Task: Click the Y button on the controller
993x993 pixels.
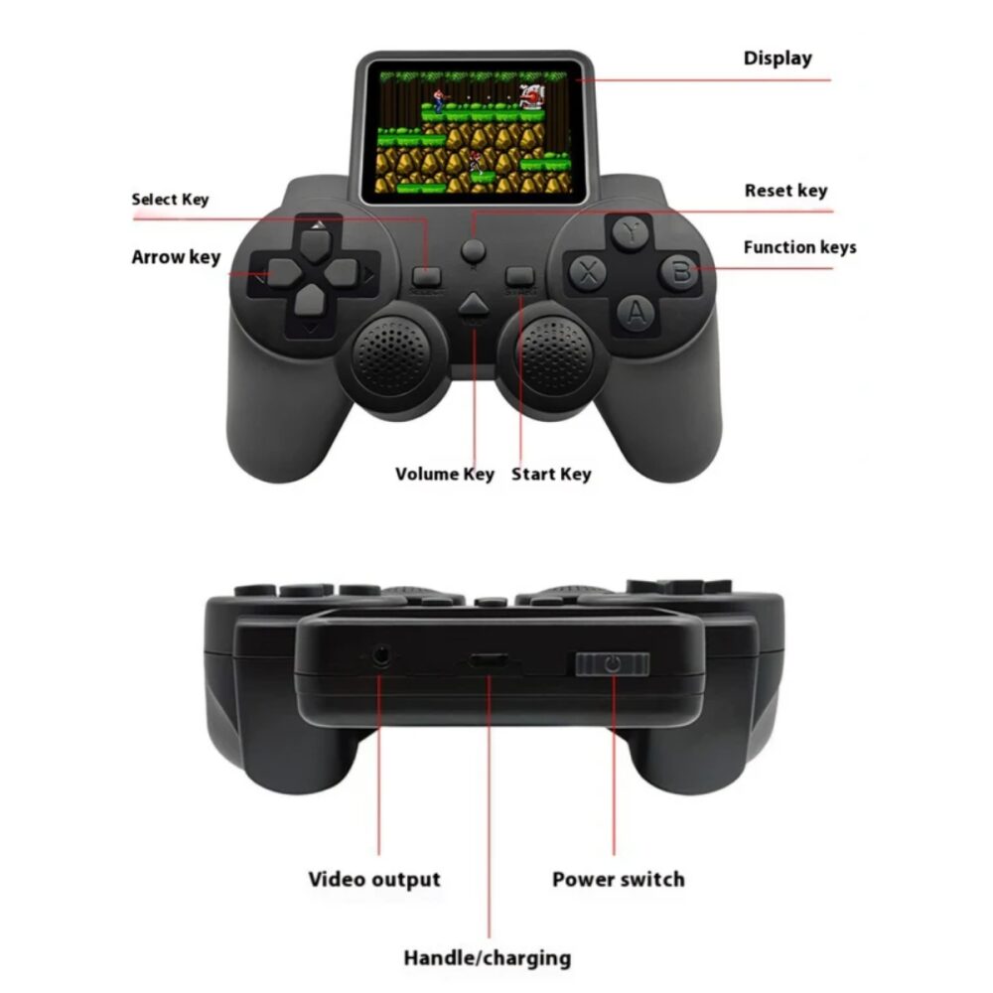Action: click(630, 233)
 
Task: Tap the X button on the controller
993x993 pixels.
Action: click(588, 272)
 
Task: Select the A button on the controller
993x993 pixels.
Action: click(636, 312)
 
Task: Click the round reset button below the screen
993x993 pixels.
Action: click(473, 249)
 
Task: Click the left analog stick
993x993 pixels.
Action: click(390, 355)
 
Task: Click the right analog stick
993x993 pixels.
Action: click(555, 355)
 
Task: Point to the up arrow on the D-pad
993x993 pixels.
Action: click(316, 243)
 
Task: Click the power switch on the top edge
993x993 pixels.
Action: click(613, 663)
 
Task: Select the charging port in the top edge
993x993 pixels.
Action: click(488, 661)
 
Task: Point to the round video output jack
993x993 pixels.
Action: click(380, 655)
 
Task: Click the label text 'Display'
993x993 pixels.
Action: click(778, 59)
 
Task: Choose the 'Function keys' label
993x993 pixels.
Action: click(799, 247)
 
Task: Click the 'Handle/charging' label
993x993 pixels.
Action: click(487, 957)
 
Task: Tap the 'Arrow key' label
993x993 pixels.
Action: click(176, 256)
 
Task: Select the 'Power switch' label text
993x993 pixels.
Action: click(618, 879)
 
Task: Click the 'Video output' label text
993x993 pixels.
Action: click(374, 879)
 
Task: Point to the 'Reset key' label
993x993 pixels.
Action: click(785, 191)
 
